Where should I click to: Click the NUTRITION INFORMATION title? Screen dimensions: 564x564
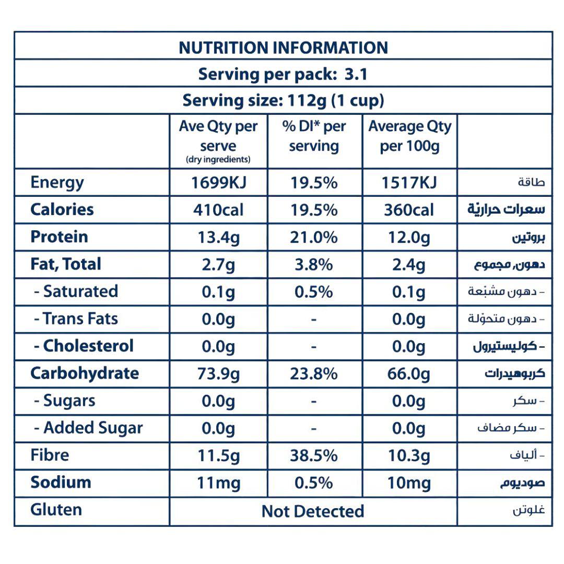click(283, 48)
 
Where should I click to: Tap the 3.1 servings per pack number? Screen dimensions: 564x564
click(356, 75)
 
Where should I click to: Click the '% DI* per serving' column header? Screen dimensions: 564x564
click(314, 136)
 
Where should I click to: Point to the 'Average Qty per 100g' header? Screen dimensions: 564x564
click(409, 136)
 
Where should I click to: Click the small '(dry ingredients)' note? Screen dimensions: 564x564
click(218, 160)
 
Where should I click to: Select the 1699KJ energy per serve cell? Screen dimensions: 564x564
click(218, 183)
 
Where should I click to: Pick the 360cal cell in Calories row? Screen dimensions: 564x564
click(409, 210)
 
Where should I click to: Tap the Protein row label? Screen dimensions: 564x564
click(59, 237)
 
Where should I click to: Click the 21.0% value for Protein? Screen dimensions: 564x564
click(314, 238)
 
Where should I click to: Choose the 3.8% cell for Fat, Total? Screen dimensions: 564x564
click(314, 265)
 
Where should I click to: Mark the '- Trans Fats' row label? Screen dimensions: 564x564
click(76, 319)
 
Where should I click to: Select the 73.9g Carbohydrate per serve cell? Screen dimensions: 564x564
click(218, 374)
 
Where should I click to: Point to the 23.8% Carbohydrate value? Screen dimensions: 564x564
click(314, 374)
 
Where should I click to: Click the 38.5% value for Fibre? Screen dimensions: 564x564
click(314, 456)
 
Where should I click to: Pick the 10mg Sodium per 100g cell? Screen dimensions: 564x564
click(409, 483)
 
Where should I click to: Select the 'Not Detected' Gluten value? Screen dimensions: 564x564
click(313, 511)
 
